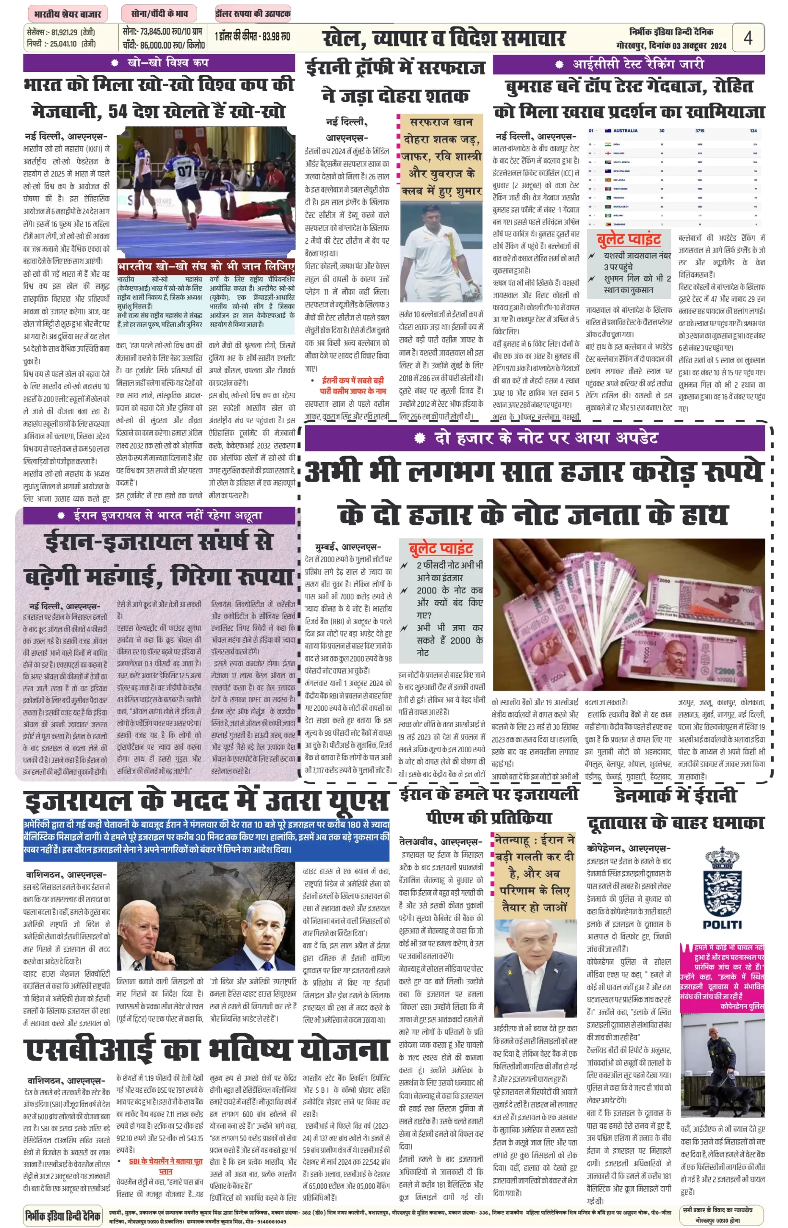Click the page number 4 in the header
point(748,38)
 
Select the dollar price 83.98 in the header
point(277,37)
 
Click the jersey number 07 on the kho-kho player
point(184,169)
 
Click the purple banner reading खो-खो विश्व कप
point(159,63)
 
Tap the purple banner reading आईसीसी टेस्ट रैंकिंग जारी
point(629,64)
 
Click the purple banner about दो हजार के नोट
point(535,438)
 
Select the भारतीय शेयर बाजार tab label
point(67,14)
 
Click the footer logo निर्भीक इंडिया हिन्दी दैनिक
point(63,1215)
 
